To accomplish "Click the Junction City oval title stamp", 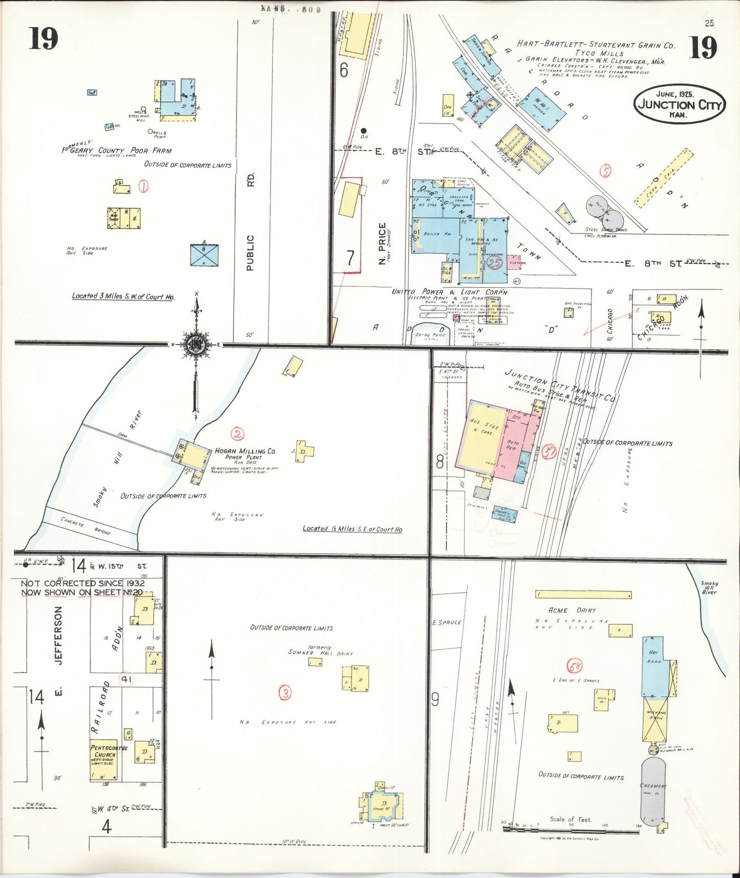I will (680, 104).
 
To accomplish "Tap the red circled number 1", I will (143, 187).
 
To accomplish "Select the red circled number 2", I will (237, 434).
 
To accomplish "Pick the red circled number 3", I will (285, 693).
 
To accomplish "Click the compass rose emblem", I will (197, 344).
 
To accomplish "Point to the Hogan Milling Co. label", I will (245, 451).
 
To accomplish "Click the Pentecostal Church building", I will (104, 760).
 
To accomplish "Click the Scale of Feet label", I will (570, 819).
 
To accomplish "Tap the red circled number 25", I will (494, 263).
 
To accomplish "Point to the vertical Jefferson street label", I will (58, 635).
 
